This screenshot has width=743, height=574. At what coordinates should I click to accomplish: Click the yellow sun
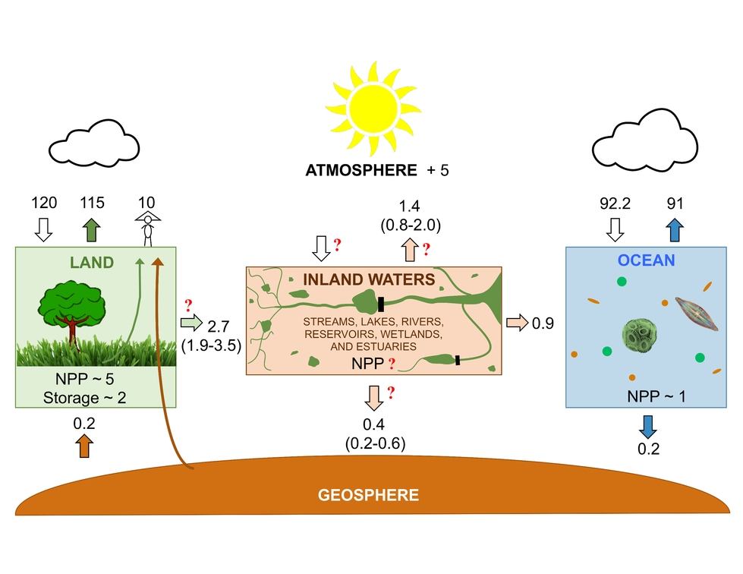point(372,109)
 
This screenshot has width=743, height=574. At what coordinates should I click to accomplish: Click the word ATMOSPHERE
point(360,170)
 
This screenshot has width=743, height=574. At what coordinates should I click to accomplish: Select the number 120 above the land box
point(43,203)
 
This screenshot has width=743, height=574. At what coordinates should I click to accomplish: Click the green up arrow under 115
point(92,229)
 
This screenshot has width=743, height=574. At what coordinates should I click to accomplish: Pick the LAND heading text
point(91,263)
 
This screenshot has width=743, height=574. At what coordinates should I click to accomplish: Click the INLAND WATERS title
point(369,279)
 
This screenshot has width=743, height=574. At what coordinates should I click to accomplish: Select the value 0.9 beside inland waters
point(543,323)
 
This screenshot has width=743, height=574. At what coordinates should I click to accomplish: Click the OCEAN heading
point(645,260)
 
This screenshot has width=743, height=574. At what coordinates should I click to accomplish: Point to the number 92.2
point(615,203)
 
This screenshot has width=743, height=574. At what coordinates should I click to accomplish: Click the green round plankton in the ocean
point(644,335)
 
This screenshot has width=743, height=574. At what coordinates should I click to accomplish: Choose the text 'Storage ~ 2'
point(82,397)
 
